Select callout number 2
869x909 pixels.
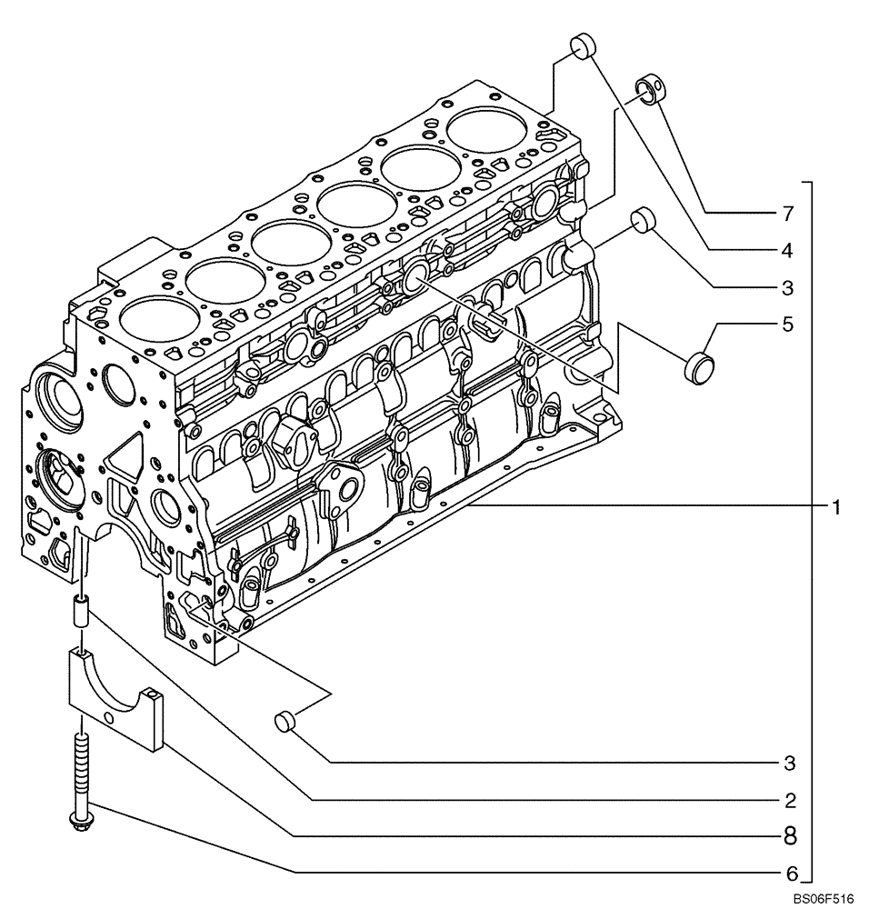click(790, 800)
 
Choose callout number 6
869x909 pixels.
click(790, 874)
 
